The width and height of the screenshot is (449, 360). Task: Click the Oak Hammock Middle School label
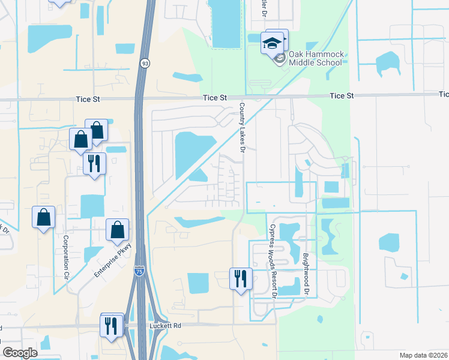[316, 58]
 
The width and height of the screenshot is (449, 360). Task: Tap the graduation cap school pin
[272, 44]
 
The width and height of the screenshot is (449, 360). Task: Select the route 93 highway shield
[145, 63]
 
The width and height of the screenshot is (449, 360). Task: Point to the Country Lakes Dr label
[243, 128]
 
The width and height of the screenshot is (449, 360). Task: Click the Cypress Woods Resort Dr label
[272, 261]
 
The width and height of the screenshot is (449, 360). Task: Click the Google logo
[20, 353]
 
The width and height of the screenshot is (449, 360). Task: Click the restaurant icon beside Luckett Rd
[112, 326]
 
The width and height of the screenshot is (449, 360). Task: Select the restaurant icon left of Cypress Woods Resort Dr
[241, 278]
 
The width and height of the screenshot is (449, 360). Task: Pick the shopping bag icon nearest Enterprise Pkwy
[118, 230]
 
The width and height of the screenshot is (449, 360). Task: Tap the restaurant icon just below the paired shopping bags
[94, 163]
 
